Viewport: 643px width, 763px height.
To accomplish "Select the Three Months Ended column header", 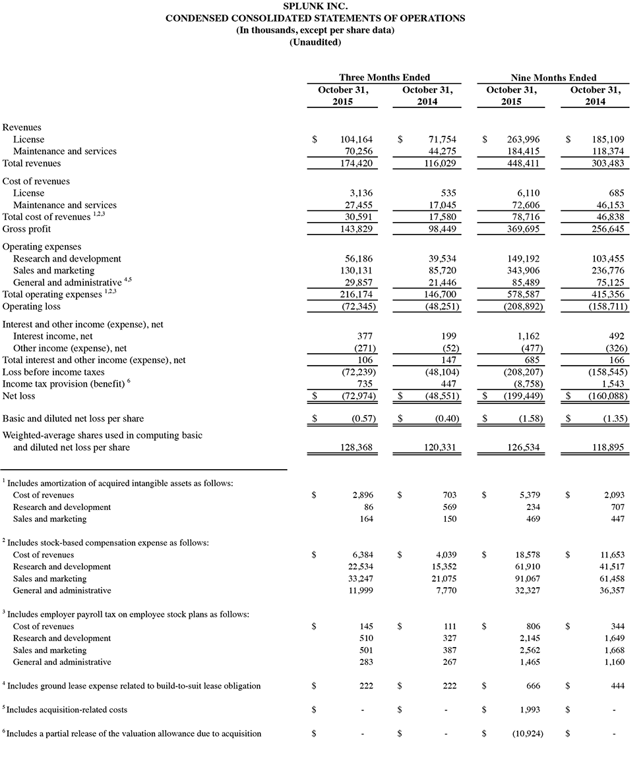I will [x=384, y=77].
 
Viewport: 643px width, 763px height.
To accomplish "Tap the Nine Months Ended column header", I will [x=553, y=77].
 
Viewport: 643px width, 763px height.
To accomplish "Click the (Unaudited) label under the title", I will [x=315, y=42].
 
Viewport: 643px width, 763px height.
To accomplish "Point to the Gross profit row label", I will [x=27, y=229].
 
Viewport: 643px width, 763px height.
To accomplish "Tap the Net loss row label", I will [x=19, y=396].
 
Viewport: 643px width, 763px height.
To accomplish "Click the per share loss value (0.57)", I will [x=361, y=418].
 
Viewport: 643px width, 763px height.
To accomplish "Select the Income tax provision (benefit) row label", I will [x=63, y=384].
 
